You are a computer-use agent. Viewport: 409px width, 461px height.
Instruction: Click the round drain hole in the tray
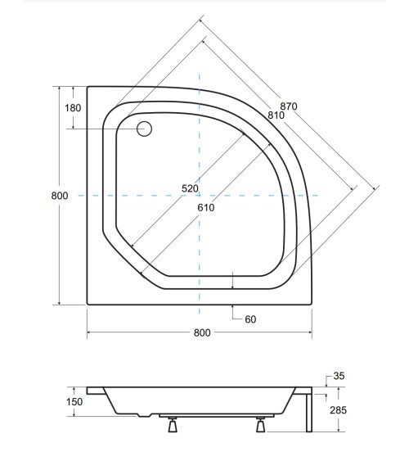point(145,129)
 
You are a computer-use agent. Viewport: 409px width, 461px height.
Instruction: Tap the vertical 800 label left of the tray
point(58,195)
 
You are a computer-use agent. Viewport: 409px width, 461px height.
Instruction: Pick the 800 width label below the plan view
point(203,332)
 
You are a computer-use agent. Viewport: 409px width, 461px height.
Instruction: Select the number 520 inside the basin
point(191,189)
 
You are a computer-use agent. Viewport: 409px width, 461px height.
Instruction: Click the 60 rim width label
point(250,319)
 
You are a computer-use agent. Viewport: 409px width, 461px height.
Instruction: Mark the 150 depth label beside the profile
point(74,402)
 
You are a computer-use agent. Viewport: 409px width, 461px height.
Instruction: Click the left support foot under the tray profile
point(173,424)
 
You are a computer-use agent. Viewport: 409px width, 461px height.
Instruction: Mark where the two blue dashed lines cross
point(198,196)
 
